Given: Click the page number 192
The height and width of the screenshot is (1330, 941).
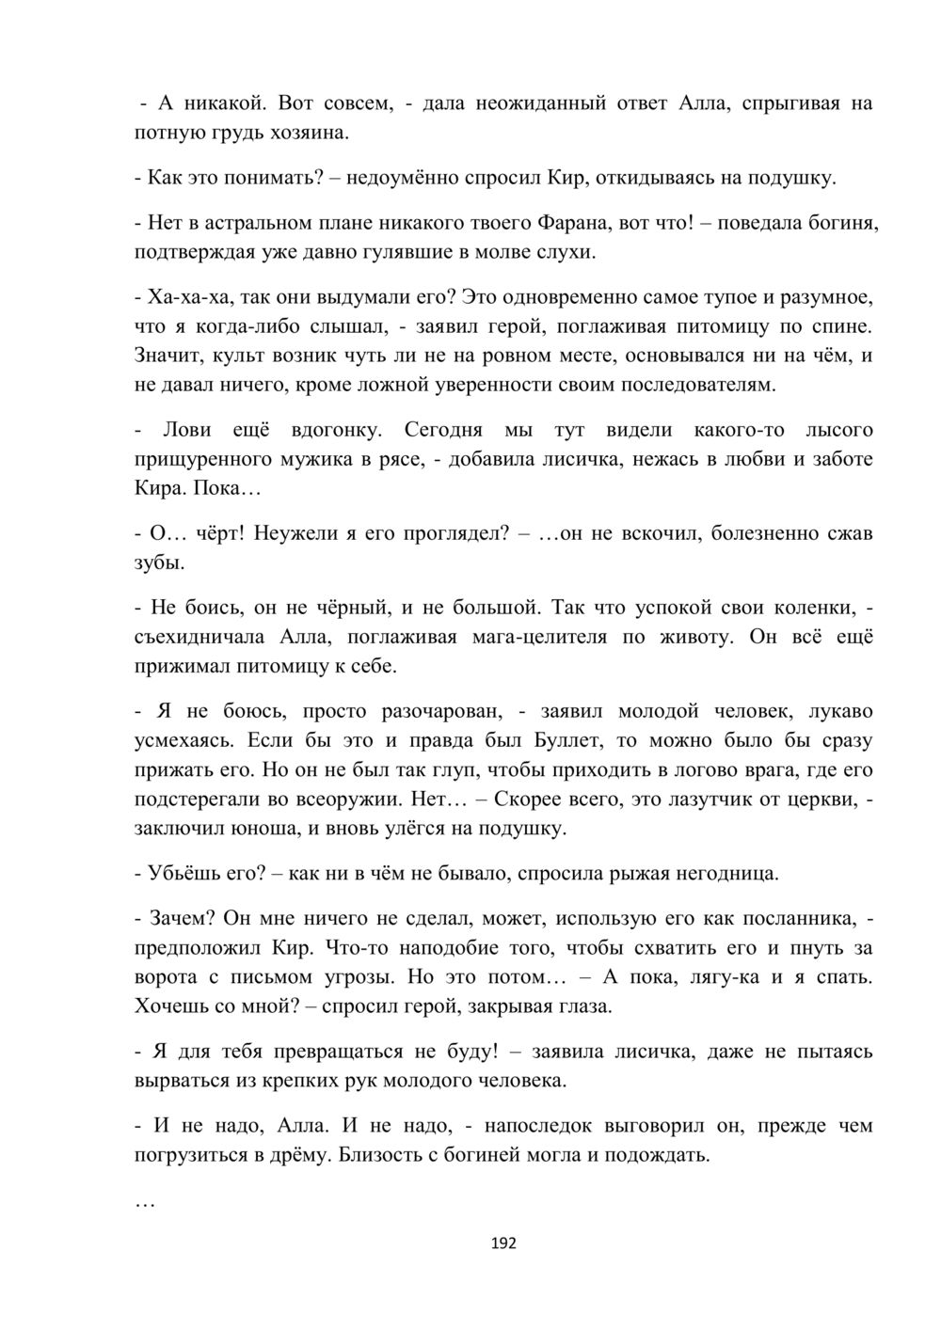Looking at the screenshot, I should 504,1243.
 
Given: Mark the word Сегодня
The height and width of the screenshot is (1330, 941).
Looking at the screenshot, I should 443,430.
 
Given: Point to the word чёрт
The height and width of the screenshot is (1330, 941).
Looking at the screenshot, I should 219,533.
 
